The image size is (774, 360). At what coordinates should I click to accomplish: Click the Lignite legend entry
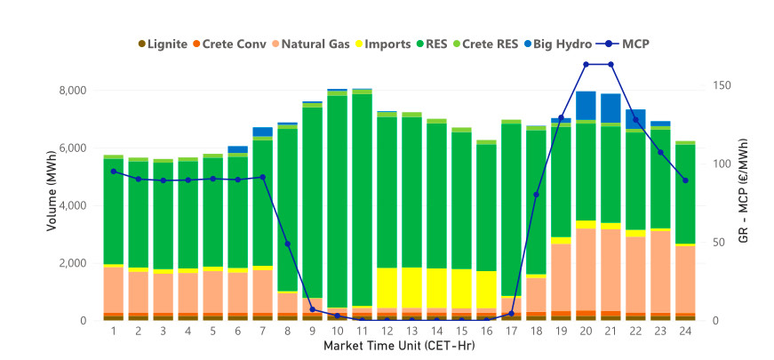click(163, 44)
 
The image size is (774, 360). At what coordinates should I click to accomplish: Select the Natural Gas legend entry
click(311, 44)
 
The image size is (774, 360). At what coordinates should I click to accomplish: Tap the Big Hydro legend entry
click(561, 44)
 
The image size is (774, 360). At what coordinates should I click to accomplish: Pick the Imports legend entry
click(383, 44)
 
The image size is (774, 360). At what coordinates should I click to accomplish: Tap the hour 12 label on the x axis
click(387, 332)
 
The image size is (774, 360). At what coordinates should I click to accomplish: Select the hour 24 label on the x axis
click(685, 332)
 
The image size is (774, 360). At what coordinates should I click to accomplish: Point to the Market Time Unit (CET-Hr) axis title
click(399, 346)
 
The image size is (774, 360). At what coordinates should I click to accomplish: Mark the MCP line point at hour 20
click(586, 64)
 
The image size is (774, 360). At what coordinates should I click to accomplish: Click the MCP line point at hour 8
click(288, 244)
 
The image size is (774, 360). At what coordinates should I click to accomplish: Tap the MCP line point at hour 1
click(114, 172)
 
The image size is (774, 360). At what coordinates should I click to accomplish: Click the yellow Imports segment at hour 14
click(437, 288)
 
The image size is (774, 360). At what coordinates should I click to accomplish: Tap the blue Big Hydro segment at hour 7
click(263, 132)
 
